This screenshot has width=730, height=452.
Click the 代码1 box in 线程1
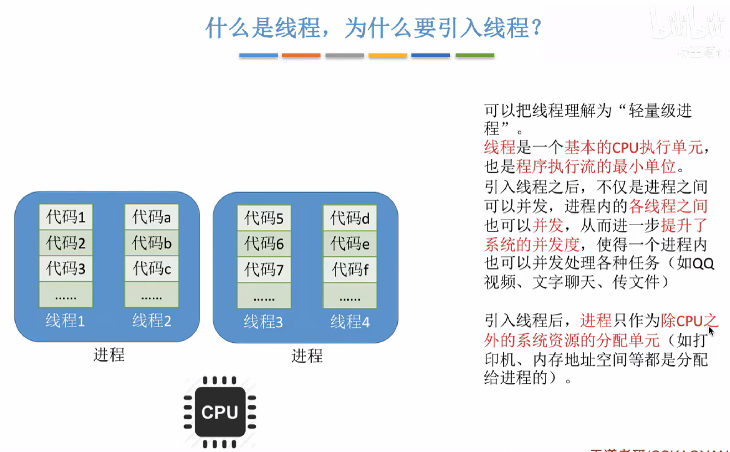[66, 217]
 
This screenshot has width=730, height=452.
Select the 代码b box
[151, 243]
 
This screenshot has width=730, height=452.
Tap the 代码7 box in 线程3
[264, 270]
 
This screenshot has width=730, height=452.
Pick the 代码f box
[350, 270]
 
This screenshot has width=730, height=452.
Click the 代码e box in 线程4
[350, 244]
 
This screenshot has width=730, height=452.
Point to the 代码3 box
[66, 268]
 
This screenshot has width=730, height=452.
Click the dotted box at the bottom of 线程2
[151, 295]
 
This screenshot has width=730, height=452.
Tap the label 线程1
[65, 321]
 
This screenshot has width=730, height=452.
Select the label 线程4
[350, 322]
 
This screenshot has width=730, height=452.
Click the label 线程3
[263, 322]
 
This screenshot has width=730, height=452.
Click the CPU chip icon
[220, 412]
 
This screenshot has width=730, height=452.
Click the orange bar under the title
[301, 55]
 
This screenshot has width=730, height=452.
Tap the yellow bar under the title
[388, 55]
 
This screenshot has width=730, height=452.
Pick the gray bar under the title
[345, 55]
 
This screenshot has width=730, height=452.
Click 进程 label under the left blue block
[109, 355]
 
